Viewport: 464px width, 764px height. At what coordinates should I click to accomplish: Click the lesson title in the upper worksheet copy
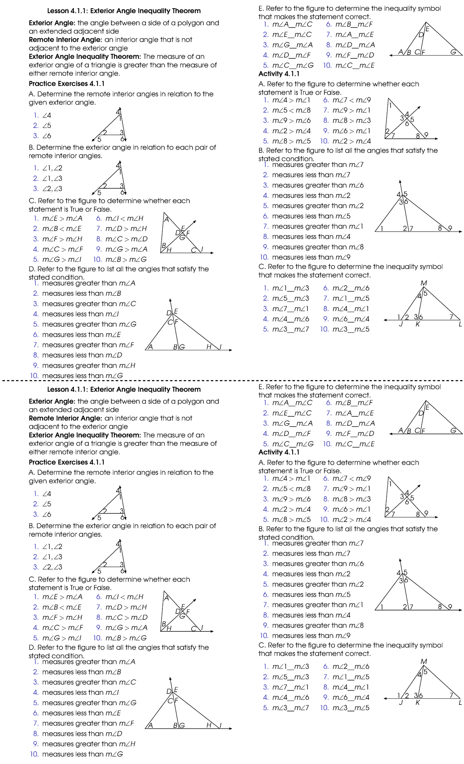(x=124, y=11)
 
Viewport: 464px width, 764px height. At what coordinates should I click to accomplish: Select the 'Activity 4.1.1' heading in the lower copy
(x=279, y=452)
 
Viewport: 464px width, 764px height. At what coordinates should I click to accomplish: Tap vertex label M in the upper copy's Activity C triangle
(x=424, y=283)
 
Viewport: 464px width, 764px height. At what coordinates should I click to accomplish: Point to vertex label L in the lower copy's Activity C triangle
(x=460, y=703)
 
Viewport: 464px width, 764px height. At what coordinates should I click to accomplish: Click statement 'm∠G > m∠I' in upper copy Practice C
(x=62, y=259)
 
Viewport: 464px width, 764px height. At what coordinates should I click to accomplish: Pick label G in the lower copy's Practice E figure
(x=453, y=430)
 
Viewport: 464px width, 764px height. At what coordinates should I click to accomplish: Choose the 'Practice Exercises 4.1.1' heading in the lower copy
(x=67, y=462)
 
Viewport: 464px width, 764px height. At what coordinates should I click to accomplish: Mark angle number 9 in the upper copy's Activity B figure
(x=450, y=228)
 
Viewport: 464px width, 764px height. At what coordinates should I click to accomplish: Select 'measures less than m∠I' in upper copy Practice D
(x=80, y=314)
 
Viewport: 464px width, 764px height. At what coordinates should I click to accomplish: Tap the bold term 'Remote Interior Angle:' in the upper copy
(x=65, y=39)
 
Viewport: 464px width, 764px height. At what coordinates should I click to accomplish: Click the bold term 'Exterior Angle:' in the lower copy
(x=52, y=401)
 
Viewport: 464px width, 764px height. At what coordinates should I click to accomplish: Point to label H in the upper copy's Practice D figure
(x=209, y=347)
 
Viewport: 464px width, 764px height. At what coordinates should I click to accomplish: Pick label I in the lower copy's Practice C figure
(x=202, y=628)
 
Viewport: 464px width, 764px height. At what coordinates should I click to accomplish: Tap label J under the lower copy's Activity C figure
(x=401, y=703)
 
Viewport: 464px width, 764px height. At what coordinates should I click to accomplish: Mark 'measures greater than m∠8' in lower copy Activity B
(x=317, y=625)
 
